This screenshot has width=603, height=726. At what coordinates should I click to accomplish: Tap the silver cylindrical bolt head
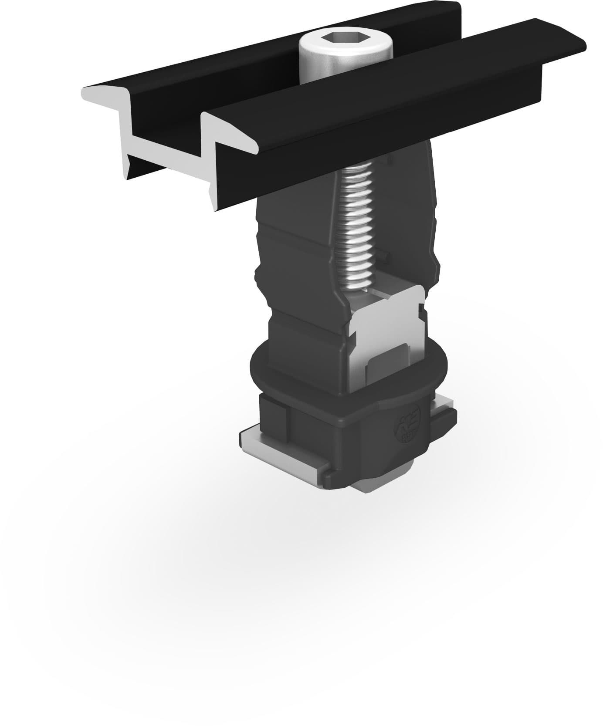point(346,61)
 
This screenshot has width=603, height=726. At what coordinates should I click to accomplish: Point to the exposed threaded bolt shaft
point(357,226)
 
